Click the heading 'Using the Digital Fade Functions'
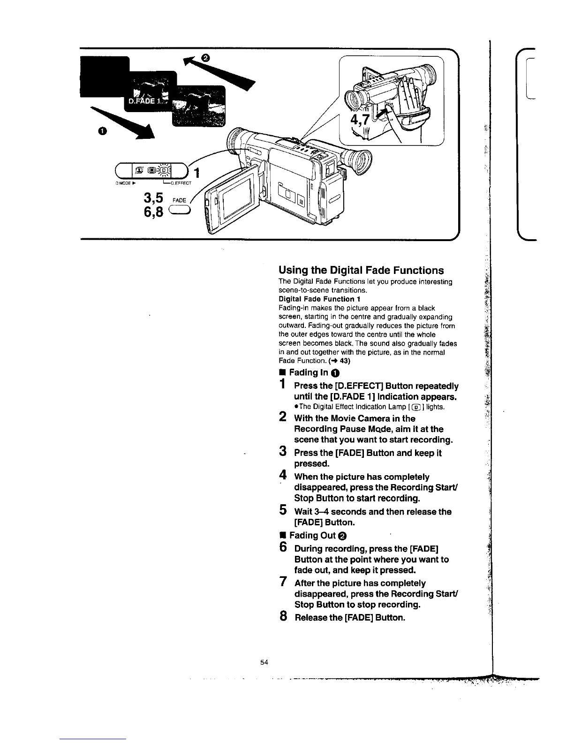click(x=361, y=270)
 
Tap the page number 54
click(x=263, y=662)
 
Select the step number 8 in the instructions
click(x=282, y=616)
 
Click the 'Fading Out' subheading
click(x=312, y=536)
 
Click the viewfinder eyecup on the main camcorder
click(x=358, y=163)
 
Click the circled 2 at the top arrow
click(x=205, y=57)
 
